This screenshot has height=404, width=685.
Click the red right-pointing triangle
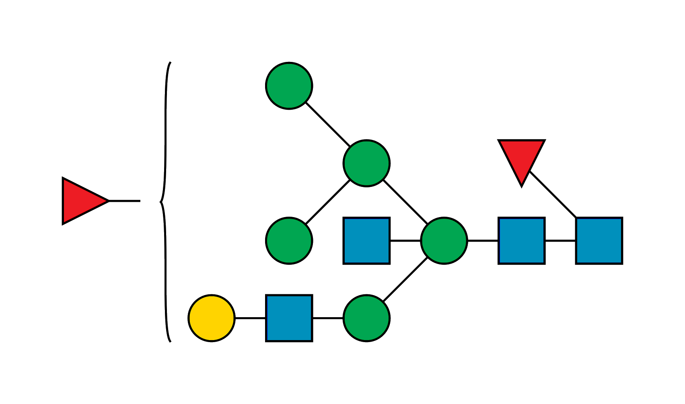(x=83, y=201)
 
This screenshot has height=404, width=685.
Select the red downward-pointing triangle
(x=521, y=159)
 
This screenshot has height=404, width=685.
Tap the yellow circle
(x=212, y=318)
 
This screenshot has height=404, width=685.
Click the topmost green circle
(x=289, y=86)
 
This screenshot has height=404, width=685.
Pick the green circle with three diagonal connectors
(x=366, y=163)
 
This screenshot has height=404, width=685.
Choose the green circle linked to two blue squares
(x=444, y=241)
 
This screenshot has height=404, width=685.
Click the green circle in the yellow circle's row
(x=366, y=318)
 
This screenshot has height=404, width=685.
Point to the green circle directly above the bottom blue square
(x=289, y=241)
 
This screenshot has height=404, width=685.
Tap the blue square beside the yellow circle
(x=289, y=318)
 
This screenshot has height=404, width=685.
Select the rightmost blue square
(x=599, y=241)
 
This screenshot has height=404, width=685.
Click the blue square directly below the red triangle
(x=521, y=241)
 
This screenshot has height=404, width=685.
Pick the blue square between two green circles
(x=366, y=241)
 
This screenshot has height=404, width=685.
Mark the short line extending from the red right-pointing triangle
(x=125, y=201)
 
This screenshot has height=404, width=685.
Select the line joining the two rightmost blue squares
(x=560, y=241)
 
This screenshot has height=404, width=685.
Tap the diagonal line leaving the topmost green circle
(x=328, y=124)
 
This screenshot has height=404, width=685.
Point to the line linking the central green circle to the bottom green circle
(x=404, y=279)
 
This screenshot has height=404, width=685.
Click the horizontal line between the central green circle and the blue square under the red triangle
(x=483, y=241)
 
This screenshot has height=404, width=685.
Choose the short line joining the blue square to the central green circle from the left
(x=405, y=241)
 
